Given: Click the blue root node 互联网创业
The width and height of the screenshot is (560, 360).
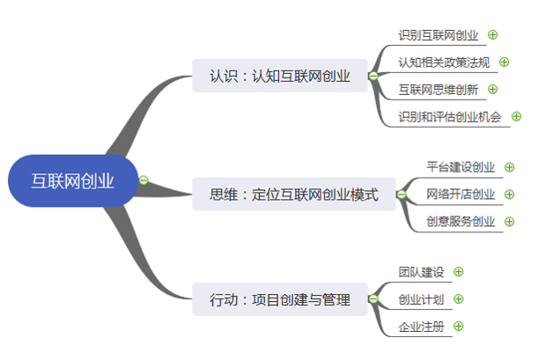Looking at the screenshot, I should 73,181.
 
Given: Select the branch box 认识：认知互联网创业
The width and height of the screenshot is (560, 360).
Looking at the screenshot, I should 280,76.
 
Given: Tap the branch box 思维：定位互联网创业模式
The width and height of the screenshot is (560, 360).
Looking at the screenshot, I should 293,195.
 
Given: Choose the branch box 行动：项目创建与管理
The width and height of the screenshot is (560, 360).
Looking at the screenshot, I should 280,299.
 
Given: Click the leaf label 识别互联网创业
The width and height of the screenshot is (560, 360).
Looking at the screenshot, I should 438,35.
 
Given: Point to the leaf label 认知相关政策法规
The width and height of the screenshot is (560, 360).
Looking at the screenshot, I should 444,62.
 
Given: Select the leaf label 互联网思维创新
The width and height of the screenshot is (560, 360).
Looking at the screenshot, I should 438,89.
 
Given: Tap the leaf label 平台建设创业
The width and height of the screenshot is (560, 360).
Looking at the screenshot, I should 461,167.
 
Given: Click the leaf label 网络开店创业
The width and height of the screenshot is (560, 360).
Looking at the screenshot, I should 461,195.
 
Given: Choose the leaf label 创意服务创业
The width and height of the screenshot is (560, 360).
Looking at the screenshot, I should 461,222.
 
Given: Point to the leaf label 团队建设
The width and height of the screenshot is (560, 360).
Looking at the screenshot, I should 421,273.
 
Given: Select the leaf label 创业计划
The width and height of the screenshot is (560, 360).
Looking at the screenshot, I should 421,299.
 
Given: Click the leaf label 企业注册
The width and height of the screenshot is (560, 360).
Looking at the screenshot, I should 421,327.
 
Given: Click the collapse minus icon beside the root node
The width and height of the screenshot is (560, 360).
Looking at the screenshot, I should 144,180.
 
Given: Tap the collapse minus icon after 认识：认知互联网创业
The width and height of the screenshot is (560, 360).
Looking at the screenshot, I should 373,77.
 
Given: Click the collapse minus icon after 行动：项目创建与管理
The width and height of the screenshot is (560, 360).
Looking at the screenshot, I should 373,299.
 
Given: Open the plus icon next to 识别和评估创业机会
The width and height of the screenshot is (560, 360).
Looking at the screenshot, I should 516,116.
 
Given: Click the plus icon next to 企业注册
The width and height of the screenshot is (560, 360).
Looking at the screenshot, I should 458,327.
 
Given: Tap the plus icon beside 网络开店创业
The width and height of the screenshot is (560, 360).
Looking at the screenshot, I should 509,195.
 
